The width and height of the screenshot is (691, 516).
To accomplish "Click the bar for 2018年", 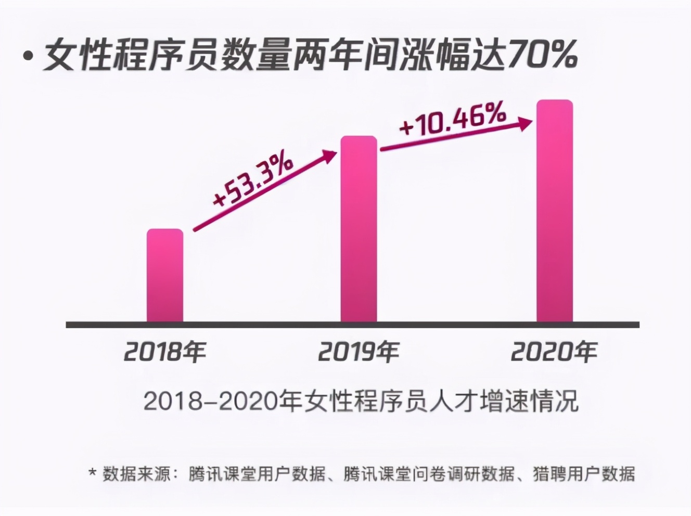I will [165, 275].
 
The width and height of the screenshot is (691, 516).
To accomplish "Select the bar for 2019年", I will [359, 229].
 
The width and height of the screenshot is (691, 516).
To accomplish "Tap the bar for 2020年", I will [554, 211].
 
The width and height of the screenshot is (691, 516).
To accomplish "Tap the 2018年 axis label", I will [165, 352].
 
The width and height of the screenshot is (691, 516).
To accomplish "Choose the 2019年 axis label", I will [359, 352].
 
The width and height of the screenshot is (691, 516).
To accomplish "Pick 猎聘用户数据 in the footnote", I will [583, 474].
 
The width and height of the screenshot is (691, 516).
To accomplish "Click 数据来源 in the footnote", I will [136, 474].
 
